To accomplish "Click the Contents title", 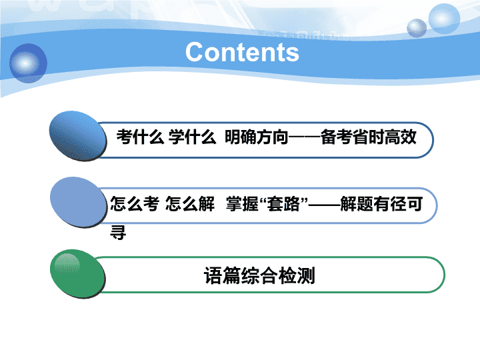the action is click(x=242, y=53).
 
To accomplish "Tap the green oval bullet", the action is click(x=78, y=274).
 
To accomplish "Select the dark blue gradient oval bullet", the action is click(x=78, y=135).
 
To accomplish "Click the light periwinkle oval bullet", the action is click(x=79, y=202).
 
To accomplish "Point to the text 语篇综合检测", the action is click(x=259, y=275).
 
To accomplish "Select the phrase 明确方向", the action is click(x=257, y=137).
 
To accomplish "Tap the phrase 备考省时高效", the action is click(x=369, y=137).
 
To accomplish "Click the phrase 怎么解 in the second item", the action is click(x=190, y=203).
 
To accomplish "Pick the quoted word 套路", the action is click(x=283, y=203).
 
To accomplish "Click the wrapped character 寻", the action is click(x=118, y=233).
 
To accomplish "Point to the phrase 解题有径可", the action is click(x=381, y=203).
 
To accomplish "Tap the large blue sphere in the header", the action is click(x=28, y=63).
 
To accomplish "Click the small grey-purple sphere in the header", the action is click(x=417, y=28).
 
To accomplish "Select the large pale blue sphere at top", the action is click(x=444, y=19).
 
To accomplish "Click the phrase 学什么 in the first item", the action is click(x=192, y=137).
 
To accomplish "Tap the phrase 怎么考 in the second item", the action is click(x=135, y=203).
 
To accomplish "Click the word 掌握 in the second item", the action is click(x=242, y=203).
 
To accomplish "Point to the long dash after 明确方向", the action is click(x=305, y=137).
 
